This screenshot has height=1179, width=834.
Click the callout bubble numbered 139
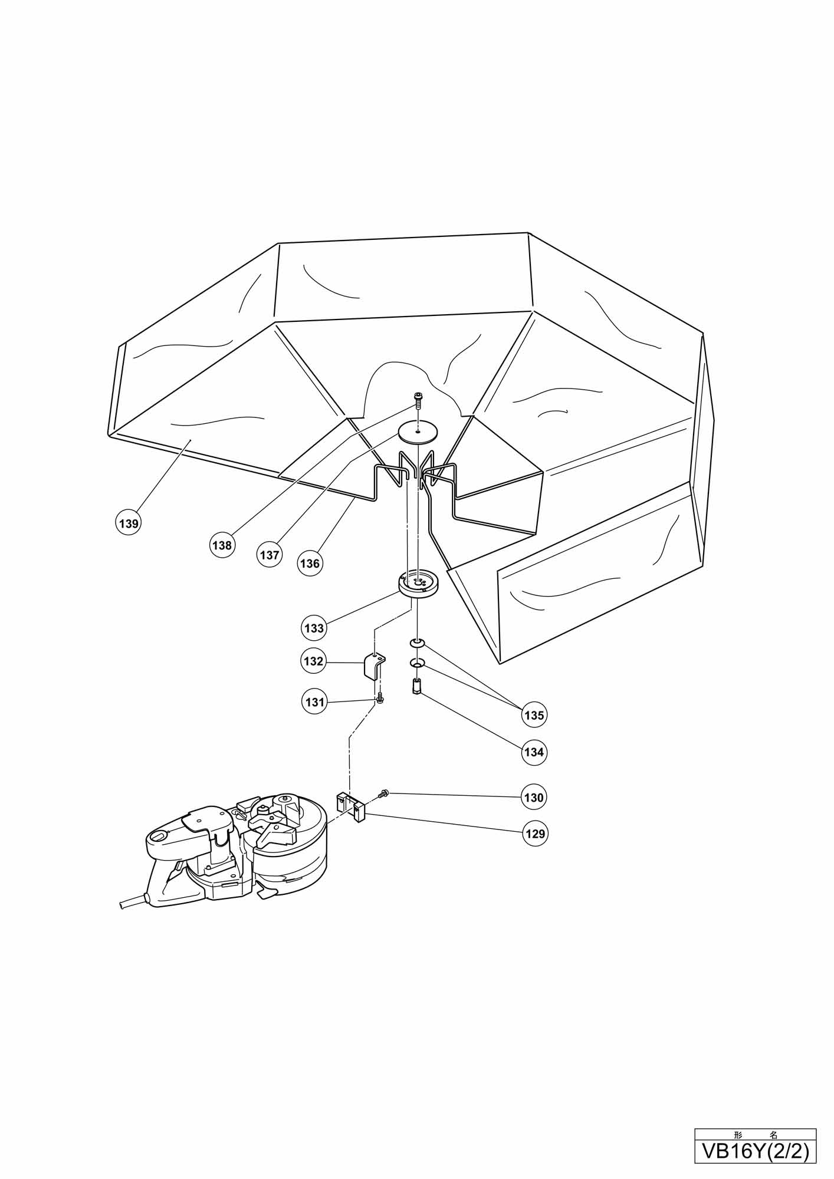129,523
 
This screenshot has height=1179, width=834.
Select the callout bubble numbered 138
222,545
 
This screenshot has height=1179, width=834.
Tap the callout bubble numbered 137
270,555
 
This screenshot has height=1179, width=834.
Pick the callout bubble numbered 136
310,563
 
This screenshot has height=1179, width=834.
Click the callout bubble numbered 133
314,628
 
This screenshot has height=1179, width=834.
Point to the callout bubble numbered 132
314,661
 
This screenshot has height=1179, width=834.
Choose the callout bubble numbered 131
315,702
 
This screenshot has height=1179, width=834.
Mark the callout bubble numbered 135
534,715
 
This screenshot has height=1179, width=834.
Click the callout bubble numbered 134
534,752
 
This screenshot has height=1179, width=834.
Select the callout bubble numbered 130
534,798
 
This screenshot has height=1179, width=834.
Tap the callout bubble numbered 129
534,834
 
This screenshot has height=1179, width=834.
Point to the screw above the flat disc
418,400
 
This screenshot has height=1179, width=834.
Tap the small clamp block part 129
351,806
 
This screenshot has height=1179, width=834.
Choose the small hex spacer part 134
417,687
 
